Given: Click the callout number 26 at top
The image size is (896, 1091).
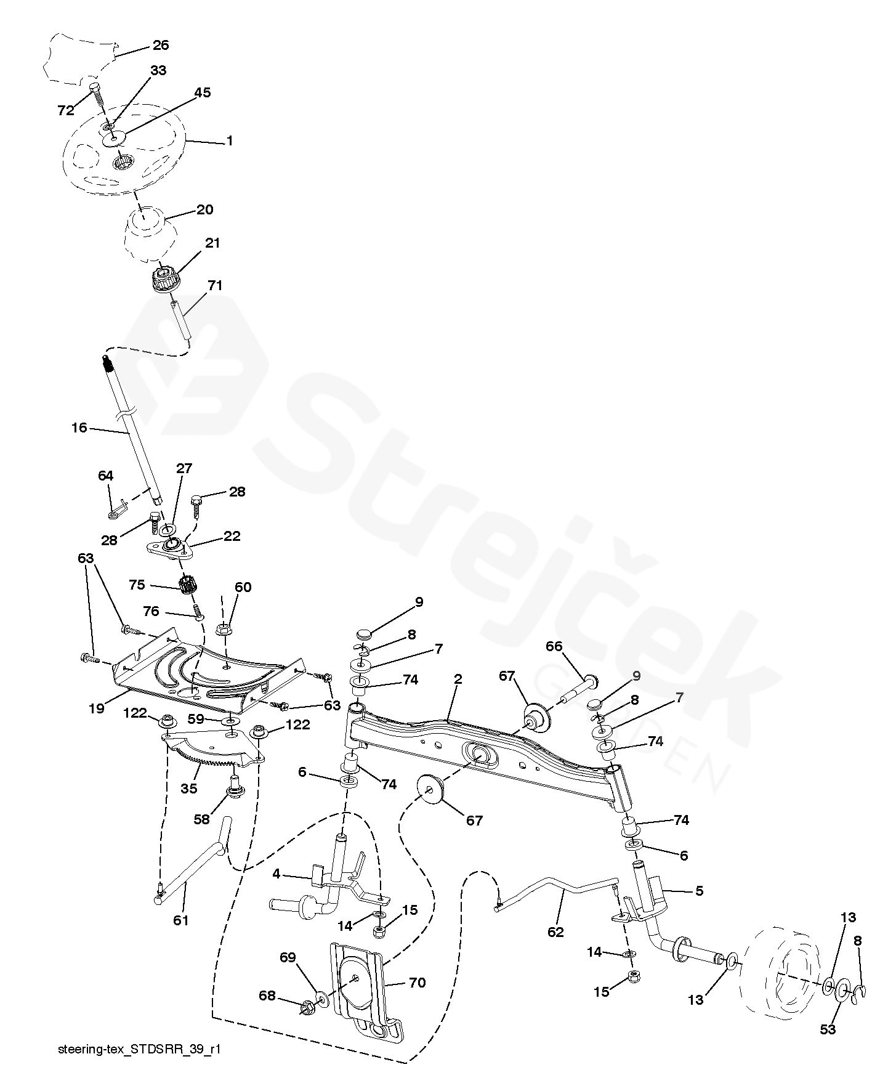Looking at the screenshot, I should tap(160, 45).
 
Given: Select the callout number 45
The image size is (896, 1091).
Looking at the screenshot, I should tap(203, 92).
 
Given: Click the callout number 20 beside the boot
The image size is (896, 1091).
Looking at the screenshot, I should tap(204, 209).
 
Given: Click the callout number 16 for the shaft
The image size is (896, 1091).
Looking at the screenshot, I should tap(79, 428).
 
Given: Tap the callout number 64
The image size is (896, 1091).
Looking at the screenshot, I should tap(106, 476).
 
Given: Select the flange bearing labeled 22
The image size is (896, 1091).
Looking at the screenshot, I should tap(171, 547).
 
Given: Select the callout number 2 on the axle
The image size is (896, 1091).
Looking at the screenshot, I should tap(458, 679).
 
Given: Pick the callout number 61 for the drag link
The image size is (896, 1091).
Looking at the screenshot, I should tap(180, 920).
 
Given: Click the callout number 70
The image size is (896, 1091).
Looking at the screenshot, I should tap(418, 983).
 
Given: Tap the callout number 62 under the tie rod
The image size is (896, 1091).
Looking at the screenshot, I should tap(555, 932).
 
